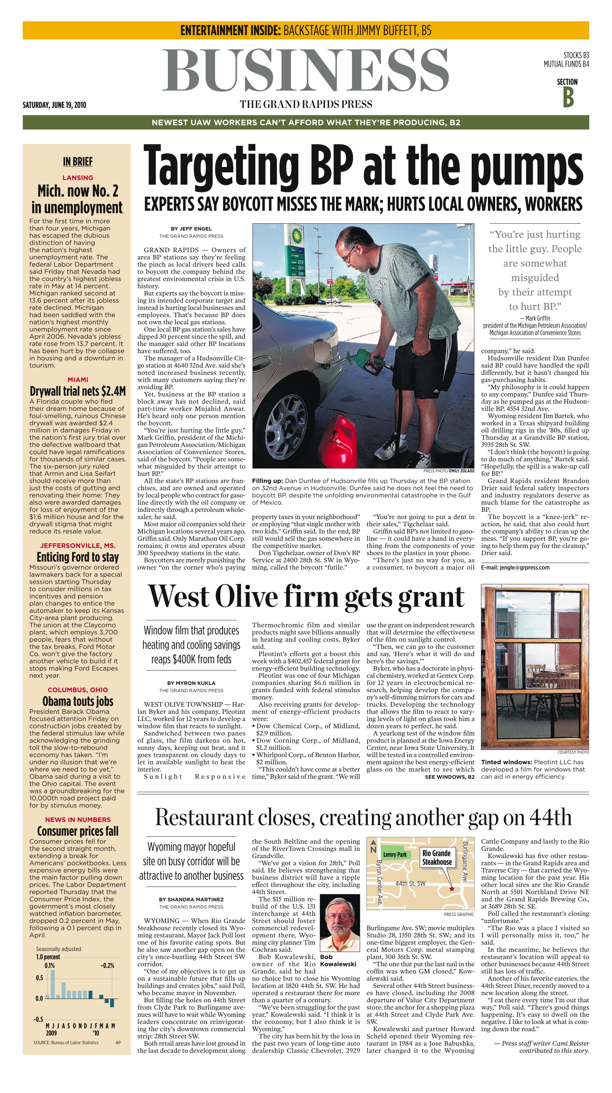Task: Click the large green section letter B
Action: click(568, 97)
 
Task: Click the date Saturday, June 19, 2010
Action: click(54, 105)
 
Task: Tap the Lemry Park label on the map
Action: click(395, 854)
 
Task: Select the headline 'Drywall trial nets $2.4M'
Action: click(78, 391)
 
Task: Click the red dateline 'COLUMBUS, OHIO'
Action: click(78, 690)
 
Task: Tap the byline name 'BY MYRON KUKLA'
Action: click(191, 683)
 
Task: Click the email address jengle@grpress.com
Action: click(515, 567)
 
